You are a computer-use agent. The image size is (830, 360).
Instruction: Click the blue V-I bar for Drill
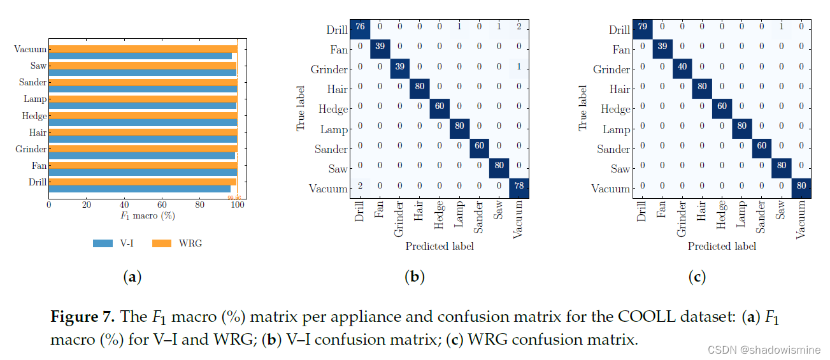[140, 189]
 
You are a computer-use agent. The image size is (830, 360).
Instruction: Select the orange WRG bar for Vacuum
[143, 48]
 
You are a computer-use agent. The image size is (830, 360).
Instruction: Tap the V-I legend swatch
[103, 243]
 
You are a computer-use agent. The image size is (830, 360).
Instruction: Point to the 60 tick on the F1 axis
[162, 205]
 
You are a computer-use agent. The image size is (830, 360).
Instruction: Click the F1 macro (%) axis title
[147, 216]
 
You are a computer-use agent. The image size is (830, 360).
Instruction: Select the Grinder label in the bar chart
[31, 149]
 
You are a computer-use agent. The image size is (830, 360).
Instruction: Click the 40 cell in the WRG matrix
[682, 69]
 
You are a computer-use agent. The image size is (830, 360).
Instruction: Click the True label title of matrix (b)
[301, 109]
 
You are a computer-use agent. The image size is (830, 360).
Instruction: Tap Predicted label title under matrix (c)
[722, 246]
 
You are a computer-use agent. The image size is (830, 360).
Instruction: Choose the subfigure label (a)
[131, 277]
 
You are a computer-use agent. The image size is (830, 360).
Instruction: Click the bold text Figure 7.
[82, 317]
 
